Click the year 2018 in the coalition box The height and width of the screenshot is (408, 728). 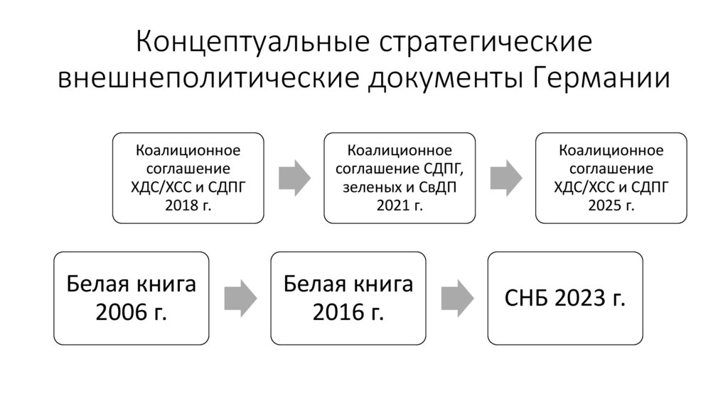177,205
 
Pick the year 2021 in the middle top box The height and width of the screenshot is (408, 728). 390,205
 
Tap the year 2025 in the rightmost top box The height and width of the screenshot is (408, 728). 601,205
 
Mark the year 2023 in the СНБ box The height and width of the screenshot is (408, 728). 581,298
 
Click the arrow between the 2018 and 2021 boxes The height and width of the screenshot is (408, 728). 294,177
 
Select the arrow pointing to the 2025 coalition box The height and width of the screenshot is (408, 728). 505,177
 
